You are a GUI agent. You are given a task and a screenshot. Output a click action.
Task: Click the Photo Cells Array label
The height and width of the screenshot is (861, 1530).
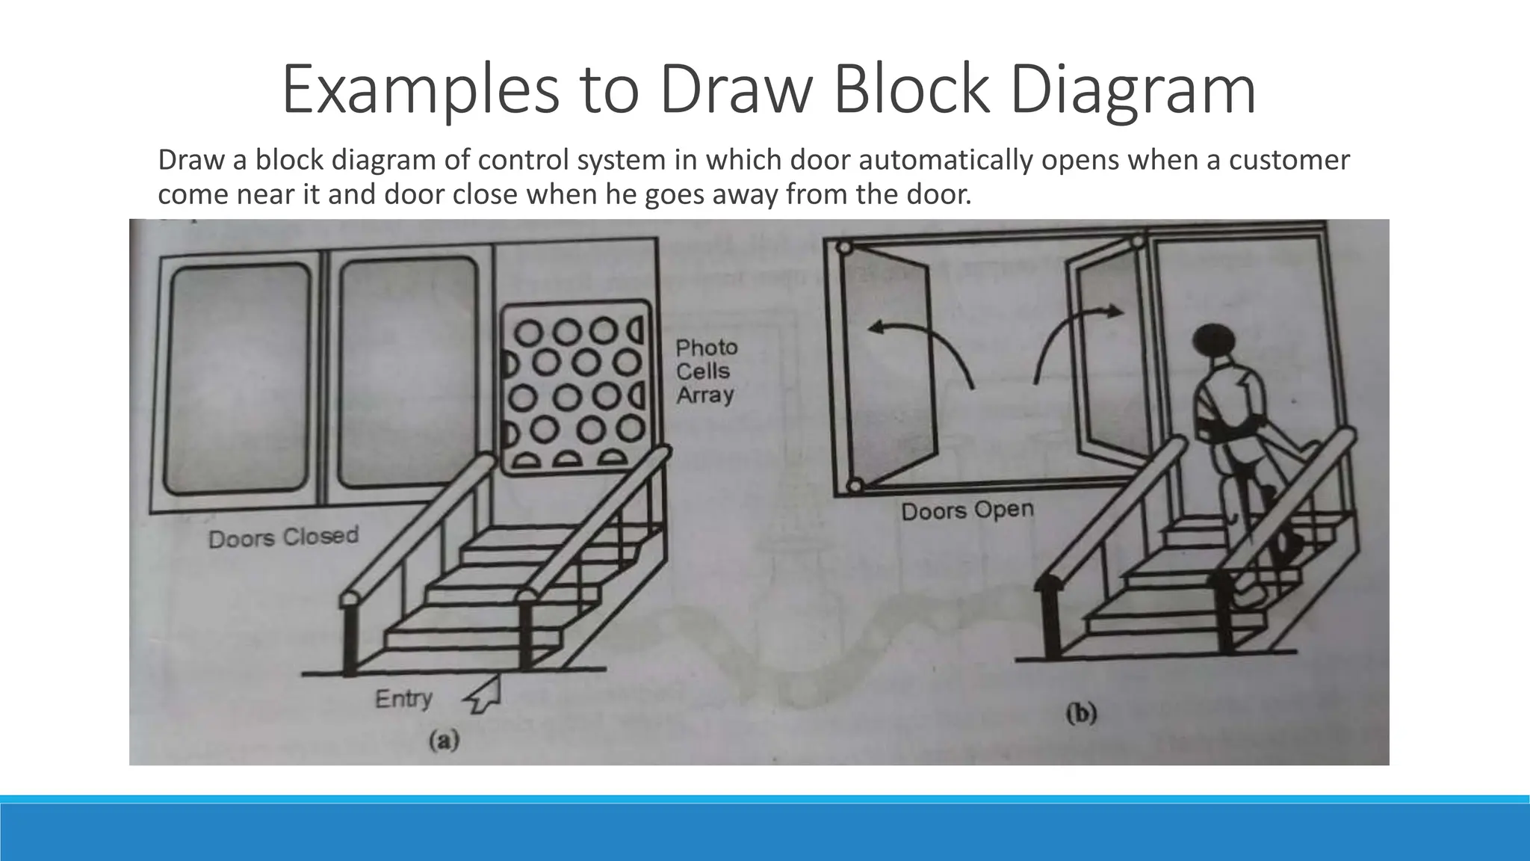pos(706,371)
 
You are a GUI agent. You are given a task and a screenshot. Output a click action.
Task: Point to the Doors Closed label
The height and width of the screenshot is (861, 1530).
pos(283,537)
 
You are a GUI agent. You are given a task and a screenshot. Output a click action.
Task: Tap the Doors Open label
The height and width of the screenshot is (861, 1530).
pos(967,510)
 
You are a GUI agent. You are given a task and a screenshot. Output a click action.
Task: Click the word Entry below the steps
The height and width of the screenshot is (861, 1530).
pos(403,699)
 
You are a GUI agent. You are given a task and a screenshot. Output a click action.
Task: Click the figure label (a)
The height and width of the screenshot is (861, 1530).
pos(443,741)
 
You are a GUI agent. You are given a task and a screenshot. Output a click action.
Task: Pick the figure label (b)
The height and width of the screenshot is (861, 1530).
pos(1081,714)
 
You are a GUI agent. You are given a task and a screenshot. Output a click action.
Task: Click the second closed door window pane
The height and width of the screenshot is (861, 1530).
pos(408,372)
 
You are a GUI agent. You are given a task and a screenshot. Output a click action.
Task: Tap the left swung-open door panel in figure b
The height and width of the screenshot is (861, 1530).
pos(889,366)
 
